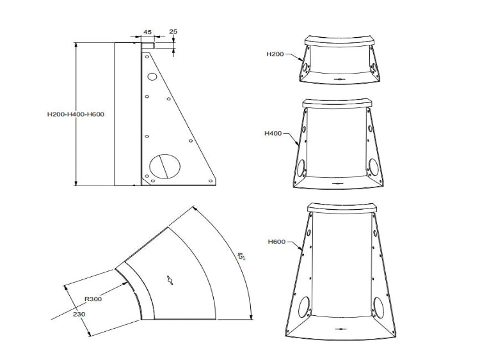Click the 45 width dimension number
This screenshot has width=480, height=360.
point(148,32)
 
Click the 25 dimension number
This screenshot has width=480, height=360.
point(173,31)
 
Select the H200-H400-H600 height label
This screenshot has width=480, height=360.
point(76,114)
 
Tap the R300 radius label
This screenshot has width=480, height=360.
point(93,299)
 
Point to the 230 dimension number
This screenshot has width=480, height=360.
point(79,314)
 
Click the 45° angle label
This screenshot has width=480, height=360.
point(241,256)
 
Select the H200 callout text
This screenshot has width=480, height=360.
point(275,54)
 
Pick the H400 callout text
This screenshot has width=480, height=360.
point(273,134)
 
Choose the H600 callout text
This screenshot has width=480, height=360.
point(276,242)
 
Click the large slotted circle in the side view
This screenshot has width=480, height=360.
point(164,166)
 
